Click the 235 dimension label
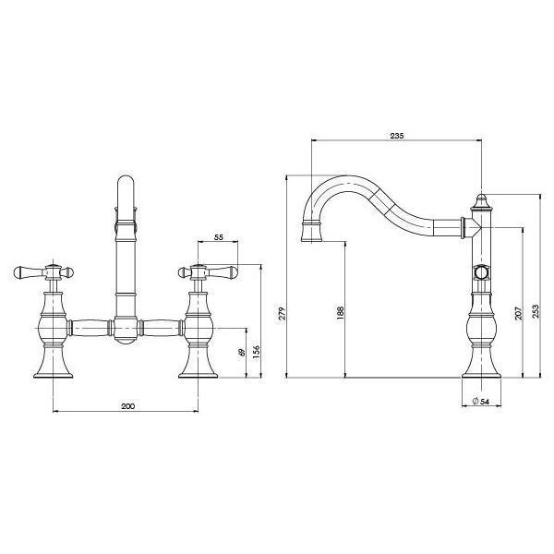(x=396, y=135)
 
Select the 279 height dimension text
(x=283, y=313)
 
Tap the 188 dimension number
(x=341, y=313)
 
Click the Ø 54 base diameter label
(x=480, y=401)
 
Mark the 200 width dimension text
(x=128, y=406)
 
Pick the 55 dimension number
(x=219, y=238)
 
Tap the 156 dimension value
(x=258, y=353)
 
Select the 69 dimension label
(x=242, y=354)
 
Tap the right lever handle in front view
(x=225, y=272)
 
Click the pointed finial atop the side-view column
(x=480, y=199)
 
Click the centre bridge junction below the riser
(x=127, y=329)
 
